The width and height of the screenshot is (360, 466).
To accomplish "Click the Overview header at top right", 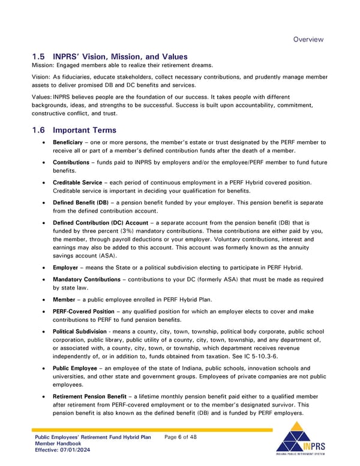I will coord(308,40).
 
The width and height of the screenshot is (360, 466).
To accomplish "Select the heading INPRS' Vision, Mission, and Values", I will coord(120,57).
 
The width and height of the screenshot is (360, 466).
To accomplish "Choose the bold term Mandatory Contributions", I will coord(86,279).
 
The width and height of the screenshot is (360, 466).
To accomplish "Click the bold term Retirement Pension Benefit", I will coord(90,397).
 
